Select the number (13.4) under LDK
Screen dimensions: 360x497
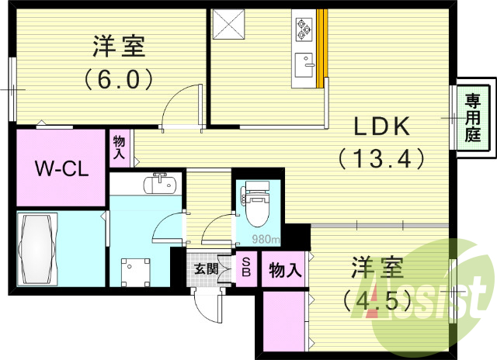tap(381, 159)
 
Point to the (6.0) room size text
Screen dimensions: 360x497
tap(117, 78)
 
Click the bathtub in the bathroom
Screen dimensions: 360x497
tap(38, 250)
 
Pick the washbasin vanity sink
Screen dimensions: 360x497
tap(162, 183)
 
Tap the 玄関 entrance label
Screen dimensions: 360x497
tap(205, 269)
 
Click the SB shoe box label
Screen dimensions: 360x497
tap(245, 268)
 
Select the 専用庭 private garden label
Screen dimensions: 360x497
tap(472, 117)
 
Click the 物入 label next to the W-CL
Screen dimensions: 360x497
tap(119, 147)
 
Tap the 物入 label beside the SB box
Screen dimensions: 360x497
tap(285, 269)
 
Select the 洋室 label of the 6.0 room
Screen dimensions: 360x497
tap(119, 46)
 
